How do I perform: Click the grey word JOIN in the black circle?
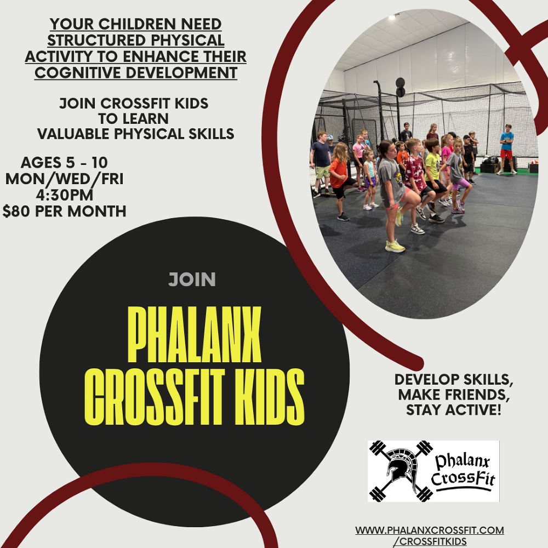pos(192,279)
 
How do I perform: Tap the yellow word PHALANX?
pos(195,334)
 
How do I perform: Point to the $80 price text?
pos(16,211)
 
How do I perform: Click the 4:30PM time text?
pos(65,195)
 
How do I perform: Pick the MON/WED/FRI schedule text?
pos(65,179)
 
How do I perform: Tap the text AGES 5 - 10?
pos(64,163)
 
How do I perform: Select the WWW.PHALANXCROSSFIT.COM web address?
pos(430,530)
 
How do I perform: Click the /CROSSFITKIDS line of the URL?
pos(430,541)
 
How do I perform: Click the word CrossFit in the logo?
pos(463,478)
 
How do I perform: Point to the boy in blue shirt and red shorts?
pos(506,149)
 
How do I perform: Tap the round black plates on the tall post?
pos(400,87)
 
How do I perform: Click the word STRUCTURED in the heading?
pos(96,40)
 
